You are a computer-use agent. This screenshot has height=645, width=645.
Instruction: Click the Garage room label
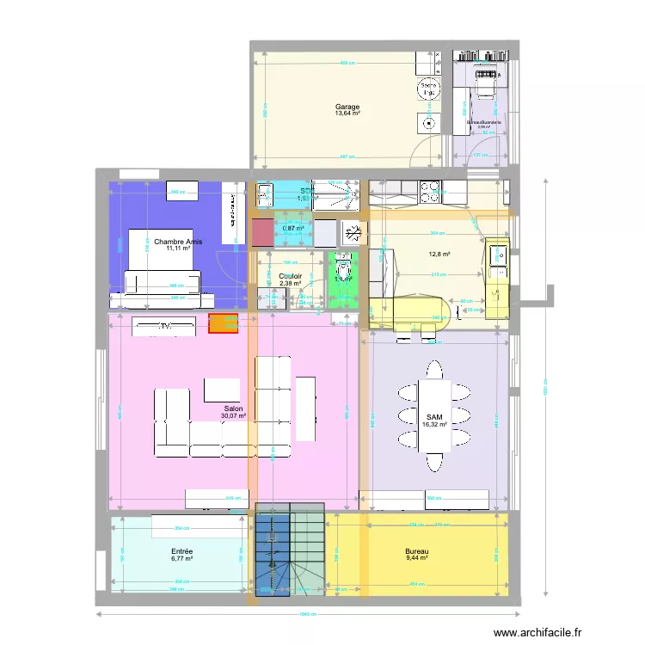tap(347, 107)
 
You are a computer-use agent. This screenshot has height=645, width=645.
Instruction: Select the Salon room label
tap(233, 409)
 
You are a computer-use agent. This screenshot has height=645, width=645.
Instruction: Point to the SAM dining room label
tap(433, 417)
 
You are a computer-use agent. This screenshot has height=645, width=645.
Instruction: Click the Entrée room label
tap(181, 552)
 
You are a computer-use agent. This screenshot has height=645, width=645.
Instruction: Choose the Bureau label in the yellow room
tap(416, 552)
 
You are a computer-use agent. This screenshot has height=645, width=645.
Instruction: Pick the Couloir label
tap(290, 276)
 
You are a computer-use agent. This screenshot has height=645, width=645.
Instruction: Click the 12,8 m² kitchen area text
tap(440, 254)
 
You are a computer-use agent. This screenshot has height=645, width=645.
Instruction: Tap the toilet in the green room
tap(343, 261)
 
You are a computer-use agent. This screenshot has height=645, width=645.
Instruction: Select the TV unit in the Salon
tap(163, 327)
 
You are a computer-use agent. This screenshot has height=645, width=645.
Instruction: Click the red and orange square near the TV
tap(224, 323)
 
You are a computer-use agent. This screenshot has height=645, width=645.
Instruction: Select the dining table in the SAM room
tap(433, 416)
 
